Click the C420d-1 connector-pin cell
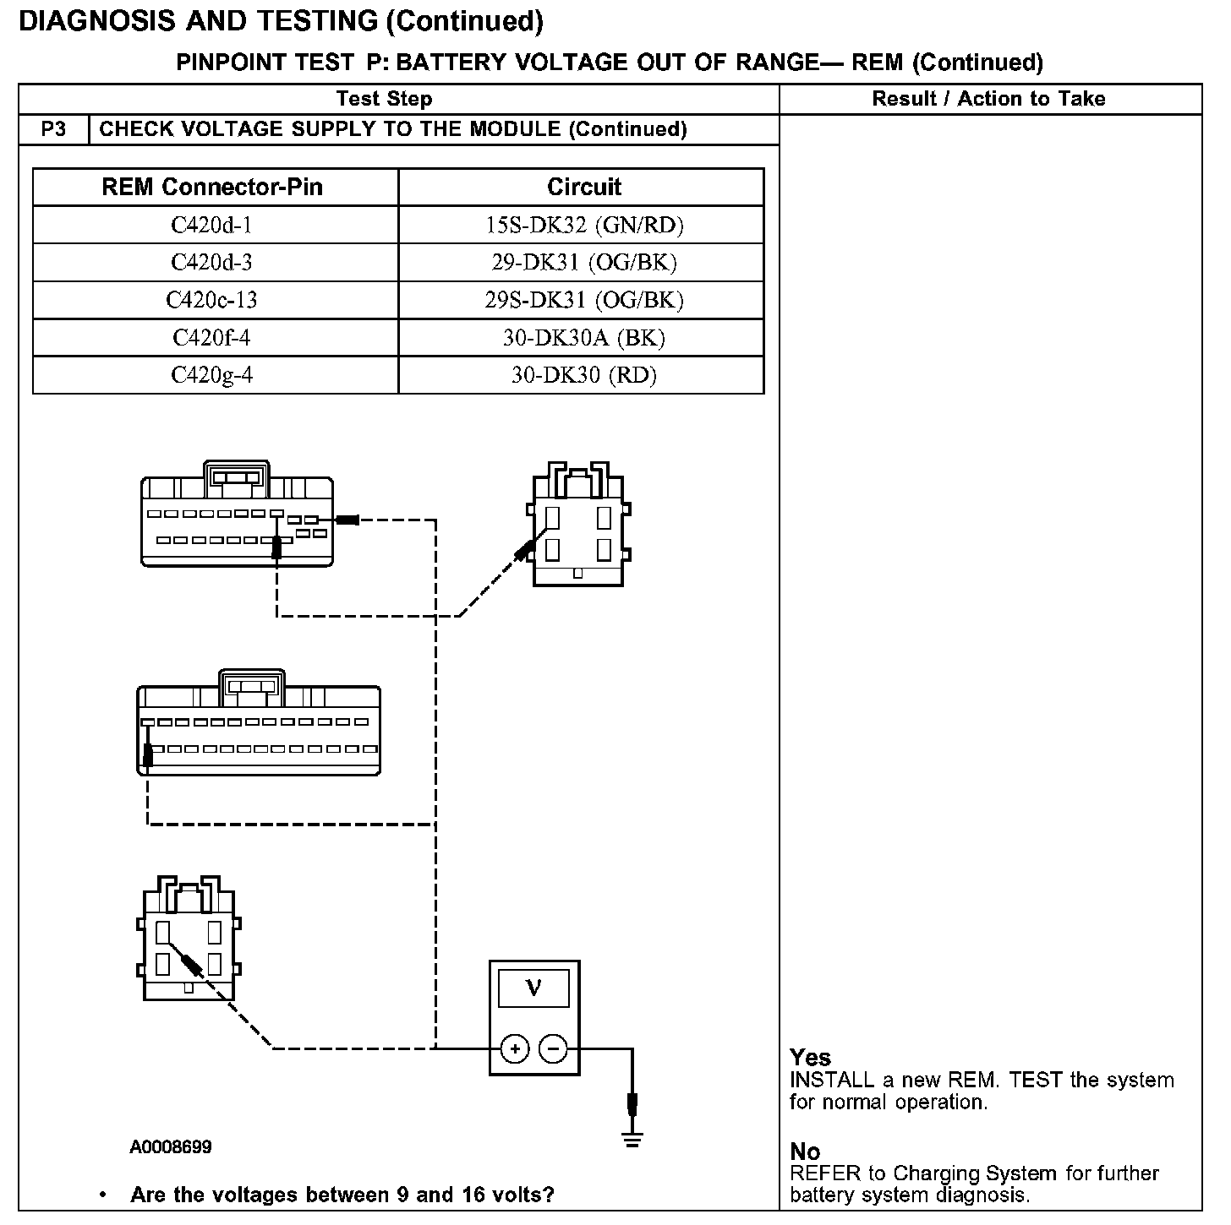(211, 225)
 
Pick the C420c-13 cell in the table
(211, 300)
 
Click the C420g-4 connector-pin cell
(211, 375)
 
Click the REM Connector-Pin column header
(212, 187)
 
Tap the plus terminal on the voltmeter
(515, 1049)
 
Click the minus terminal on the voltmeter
(554, 1049)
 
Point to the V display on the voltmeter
(533, 987)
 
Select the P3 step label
(53, 129)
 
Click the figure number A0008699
(171, 1147)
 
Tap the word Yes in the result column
(810, 1057)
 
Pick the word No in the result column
(805, 1151)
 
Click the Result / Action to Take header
(988, 99)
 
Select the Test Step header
(384, 99)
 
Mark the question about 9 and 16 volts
(342, 1195)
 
